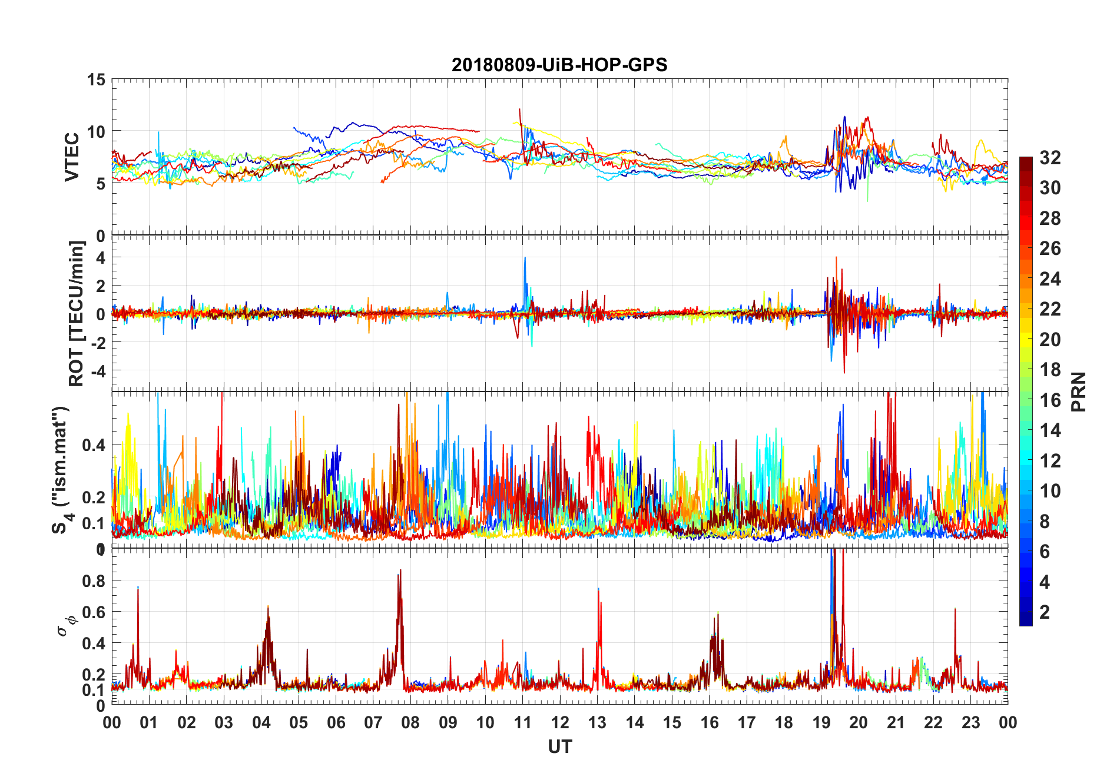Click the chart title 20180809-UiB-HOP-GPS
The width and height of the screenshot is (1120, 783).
559,65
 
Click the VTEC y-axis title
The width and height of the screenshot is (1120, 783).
72,157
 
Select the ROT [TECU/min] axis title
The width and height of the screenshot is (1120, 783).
77,313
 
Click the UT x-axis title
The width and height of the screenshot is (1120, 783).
559,747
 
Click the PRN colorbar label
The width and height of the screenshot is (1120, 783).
1079,391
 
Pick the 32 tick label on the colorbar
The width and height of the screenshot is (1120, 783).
1050,158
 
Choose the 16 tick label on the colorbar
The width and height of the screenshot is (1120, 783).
1050,400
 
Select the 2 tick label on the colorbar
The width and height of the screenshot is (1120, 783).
1045,612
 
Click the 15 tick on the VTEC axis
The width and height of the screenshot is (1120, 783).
96,80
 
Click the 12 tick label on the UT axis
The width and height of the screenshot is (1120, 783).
560,723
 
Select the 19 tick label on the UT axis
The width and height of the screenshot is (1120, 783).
821,723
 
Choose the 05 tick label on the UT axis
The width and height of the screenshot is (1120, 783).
299,723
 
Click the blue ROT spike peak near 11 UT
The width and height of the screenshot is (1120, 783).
525,258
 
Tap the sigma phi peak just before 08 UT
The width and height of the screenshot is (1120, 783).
401,570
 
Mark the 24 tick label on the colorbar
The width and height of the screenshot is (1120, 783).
1050,279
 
